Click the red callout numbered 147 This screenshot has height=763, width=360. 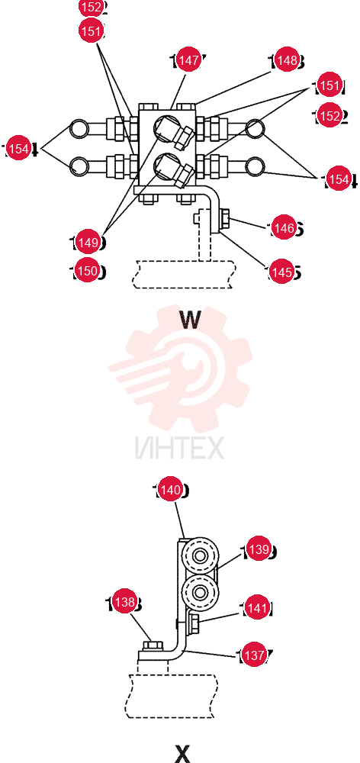188,60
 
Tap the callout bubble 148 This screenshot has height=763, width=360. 287,60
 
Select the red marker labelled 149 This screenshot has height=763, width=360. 88,243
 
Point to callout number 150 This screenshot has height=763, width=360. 88,271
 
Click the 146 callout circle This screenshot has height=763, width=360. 283,227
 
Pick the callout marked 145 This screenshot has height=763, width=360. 281,272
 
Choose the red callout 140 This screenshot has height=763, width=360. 170,490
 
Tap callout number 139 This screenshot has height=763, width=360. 259,549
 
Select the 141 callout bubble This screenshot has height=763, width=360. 256,608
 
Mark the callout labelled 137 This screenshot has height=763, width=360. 255,655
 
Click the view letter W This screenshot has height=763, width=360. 190,319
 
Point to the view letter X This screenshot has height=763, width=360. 182,753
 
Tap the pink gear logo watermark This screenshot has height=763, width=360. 180,369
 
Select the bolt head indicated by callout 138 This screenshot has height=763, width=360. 153,645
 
